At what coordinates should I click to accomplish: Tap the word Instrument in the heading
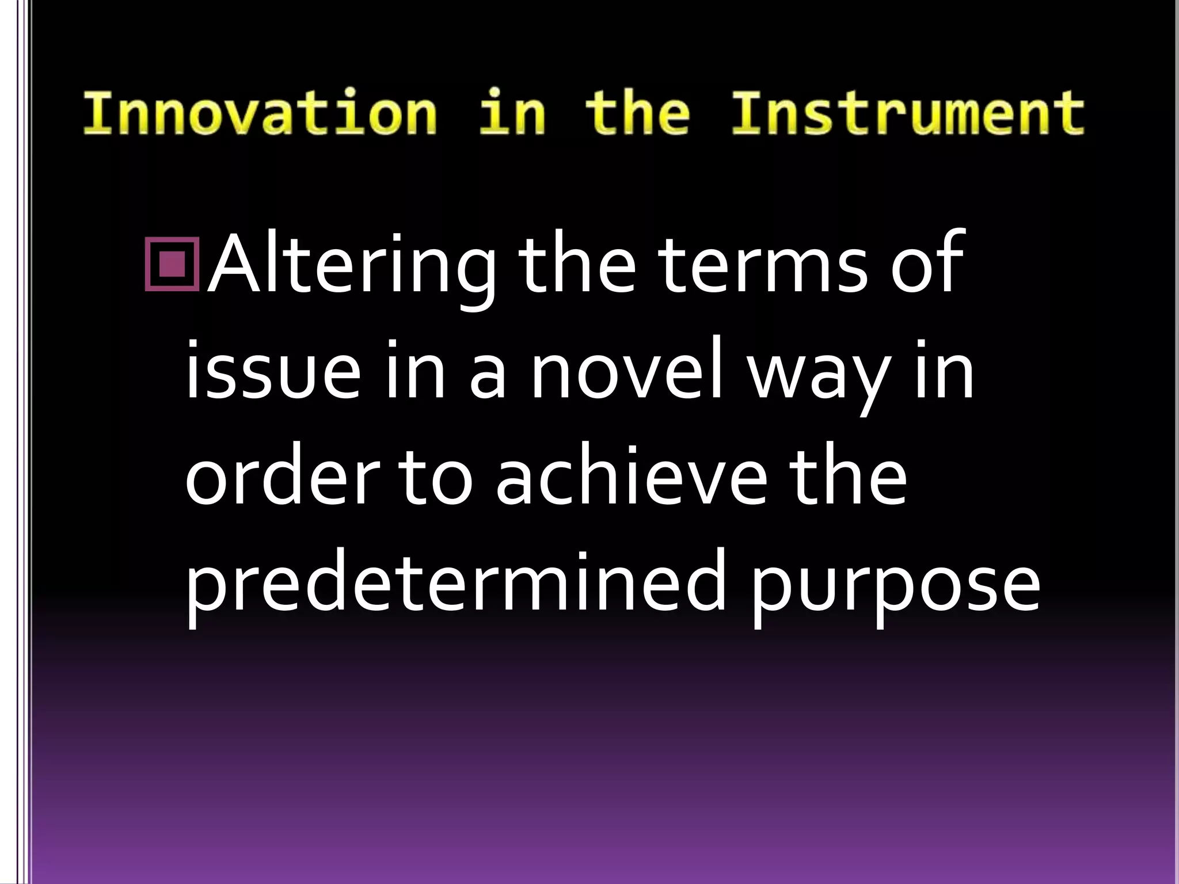(908, 113)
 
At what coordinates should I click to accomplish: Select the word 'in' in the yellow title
(512, 113)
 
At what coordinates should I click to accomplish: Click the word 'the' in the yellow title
(637, 113)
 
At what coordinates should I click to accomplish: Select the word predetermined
(455, 587)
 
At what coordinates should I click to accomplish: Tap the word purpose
(896, 593)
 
